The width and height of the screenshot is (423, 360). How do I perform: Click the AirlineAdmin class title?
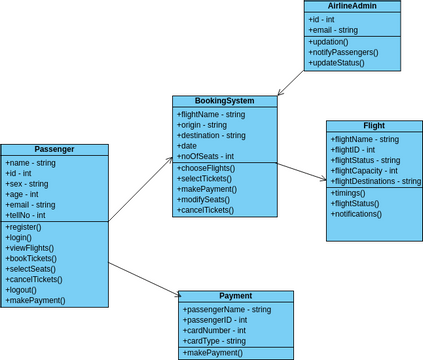click(x=353, y=6)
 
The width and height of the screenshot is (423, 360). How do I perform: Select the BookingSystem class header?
click(x=224, y=101)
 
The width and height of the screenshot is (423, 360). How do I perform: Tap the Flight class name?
click(x=374, y=126)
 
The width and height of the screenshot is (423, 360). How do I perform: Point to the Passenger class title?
click(x=54, y=149)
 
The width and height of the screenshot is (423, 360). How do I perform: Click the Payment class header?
click(x=236, y=296)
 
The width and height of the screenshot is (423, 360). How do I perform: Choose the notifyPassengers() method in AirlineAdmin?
click(x=343, y=52)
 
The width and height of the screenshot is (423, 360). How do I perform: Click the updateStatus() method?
click(x=337, y=63)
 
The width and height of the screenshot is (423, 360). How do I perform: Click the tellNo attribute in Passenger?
click(x=27, y=215)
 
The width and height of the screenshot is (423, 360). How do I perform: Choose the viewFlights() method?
click(x=32, y=248)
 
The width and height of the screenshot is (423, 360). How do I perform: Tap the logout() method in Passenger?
click(x=26, y=290)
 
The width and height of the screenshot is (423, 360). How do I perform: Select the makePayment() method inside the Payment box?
click(x=213, y=353)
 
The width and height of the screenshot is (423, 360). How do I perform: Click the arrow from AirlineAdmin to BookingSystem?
click(x=291, y=82)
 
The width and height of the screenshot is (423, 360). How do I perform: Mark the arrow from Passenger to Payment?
click(x=143, y=279)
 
